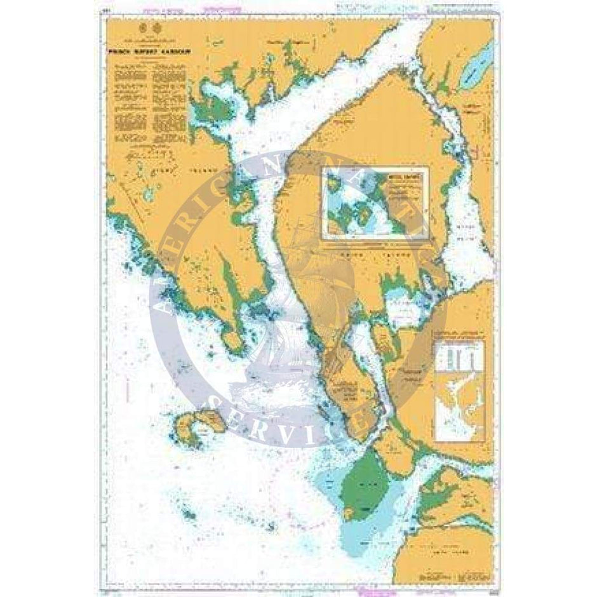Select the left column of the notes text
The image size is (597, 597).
[x=130, y=104]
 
